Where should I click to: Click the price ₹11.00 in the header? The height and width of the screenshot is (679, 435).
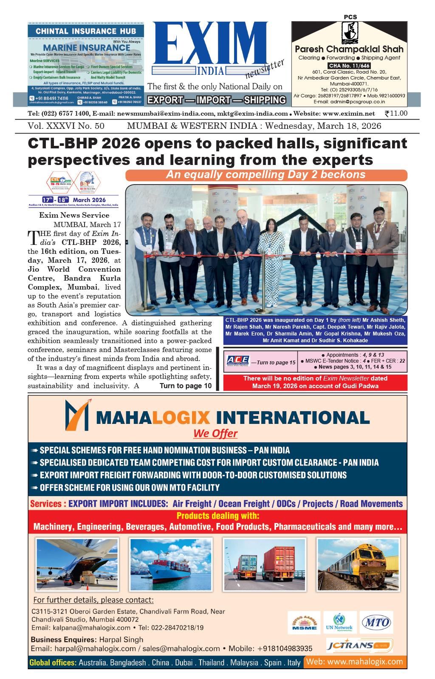pos(395,114)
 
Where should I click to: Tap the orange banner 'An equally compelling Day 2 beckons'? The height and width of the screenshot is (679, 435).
pos(266,175)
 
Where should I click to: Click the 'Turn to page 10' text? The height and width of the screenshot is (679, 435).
pos(185,386)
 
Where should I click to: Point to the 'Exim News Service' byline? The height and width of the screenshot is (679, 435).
pos(74,215)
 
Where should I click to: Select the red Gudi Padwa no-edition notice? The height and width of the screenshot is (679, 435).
pos(315,382)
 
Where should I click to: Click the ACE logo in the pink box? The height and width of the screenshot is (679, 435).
pos(238,360)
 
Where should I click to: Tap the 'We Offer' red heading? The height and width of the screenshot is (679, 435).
pos(215,434)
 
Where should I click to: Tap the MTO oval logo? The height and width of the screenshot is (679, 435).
pos(376,623)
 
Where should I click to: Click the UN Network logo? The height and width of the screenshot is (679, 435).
pos(340,623)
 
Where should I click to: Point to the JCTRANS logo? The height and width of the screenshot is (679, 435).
pos(359,646)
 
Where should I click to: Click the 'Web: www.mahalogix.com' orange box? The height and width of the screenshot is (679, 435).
pos(355,662)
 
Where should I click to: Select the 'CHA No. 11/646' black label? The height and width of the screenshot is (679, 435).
pos(349,65)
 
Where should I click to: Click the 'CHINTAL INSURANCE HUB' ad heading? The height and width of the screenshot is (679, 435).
pos(86,31)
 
